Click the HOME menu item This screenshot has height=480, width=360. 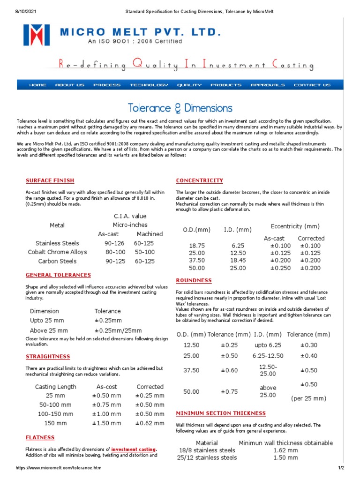pyautogui.click(x=37, y=85)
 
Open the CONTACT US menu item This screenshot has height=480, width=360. pyautogui.click(x=312, y=85)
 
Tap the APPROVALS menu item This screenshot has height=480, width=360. pyautogui.click(x=267, y=85)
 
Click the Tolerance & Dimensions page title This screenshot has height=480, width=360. pyautogui.click(x=180, y=108)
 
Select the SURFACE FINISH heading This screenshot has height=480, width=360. pyautogui.click(x=50, y=180)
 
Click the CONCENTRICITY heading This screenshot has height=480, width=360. pyautogui.click(x=199, y=180)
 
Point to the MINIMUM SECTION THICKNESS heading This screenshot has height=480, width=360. pyautogui.click(x=220, y=413)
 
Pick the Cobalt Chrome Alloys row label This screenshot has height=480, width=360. pyautogui.click(x=57, y=252)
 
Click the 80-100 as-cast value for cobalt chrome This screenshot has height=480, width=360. pyautogui.click(x=115, y=252)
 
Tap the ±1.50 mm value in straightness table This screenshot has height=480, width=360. pyautogui.click(x=106, y=423)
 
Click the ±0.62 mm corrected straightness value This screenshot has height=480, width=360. pyautogui.click(x=150, y=423)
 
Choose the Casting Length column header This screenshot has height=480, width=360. pyautogui.click(x=55, y=387)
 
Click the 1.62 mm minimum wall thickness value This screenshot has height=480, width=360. pyautogui.click(x=286, y=450)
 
